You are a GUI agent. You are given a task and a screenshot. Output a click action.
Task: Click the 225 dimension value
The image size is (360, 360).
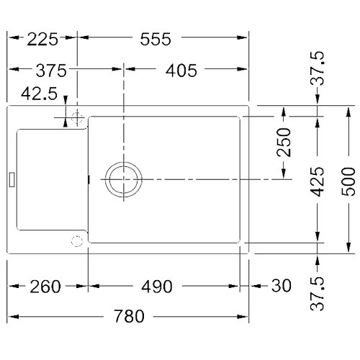(42, 40)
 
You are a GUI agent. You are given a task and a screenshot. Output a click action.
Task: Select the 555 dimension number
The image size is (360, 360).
(156, 40)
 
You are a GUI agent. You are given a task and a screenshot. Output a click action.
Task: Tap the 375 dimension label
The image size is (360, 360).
(51, 71)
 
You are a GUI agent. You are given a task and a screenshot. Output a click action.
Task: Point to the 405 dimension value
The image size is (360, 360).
(181, 71)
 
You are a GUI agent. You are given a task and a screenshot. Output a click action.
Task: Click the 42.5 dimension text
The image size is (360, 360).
(39, 94)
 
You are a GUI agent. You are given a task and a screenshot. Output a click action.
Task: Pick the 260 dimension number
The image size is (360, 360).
(45, 287)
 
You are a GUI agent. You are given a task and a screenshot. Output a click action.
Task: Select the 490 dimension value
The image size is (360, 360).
(157, 287)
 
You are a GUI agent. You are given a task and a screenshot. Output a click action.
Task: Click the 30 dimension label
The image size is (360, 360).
(282, 286)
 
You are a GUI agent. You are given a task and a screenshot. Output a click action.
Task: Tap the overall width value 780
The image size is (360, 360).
(129, 316)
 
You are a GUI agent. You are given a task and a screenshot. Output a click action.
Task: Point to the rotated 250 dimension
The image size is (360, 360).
(284, 143)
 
